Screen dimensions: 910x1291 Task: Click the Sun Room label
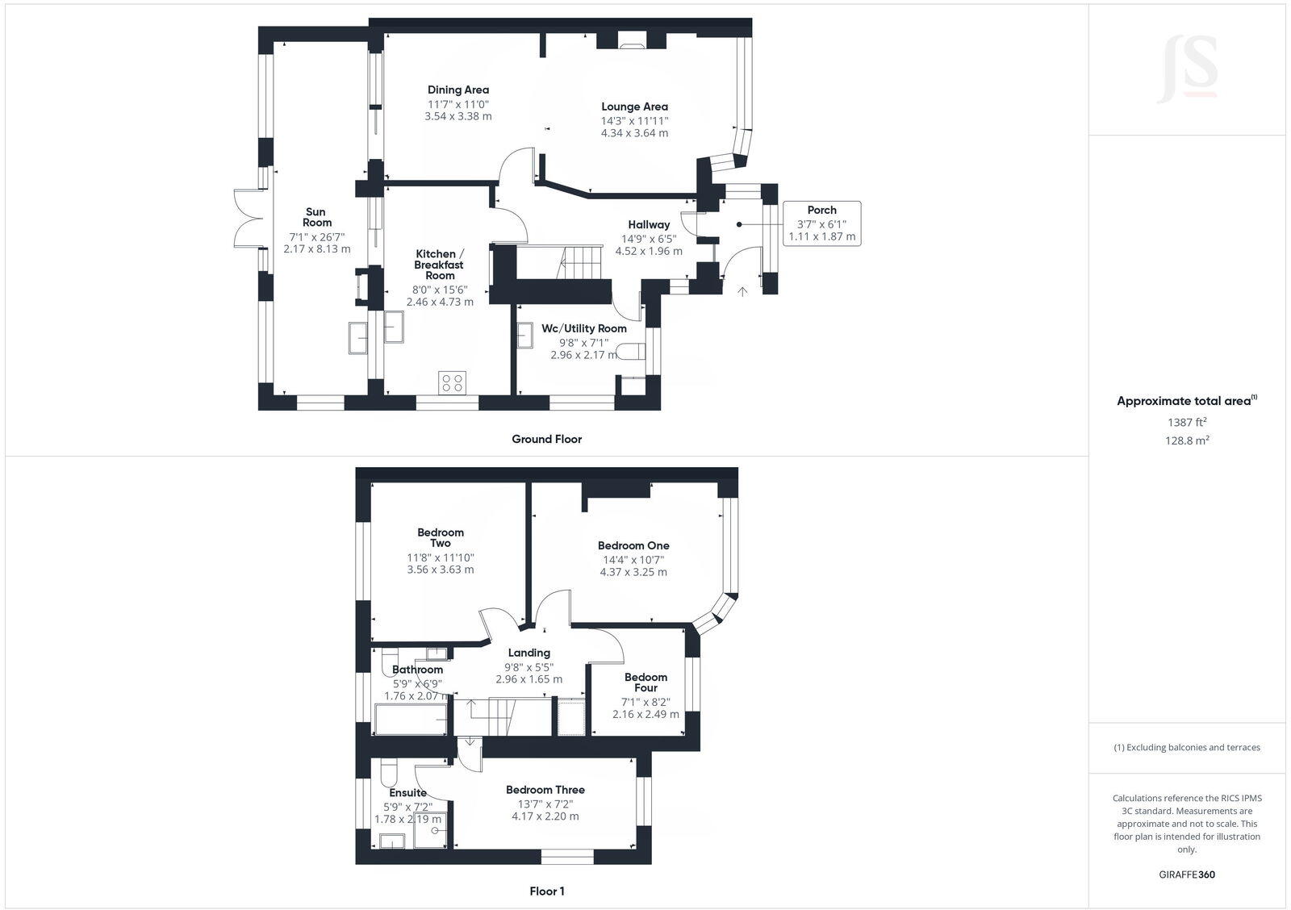point(317,217)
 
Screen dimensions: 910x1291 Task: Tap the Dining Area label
point(457,90)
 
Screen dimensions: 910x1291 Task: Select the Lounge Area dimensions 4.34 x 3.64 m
point(634,133)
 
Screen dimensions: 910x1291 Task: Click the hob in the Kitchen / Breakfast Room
point(452,382)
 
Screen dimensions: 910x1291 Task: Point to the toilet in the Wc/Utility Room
point(632,352)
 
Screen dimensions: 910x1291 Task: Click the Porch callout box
point(821,223)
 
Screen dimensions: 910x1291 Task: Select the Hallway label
point(649,224)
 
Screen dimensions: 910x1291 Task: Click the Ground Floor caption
point(546,439)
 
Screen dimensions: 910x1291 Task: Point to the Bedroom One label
point(633,545)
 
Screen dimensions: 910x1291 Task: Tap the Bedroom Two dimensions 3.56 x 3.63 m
point(441,570)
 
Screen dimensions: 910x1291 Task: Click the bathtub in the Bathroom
point(411,719)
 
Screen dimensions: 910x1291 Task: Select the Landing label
point(529,653)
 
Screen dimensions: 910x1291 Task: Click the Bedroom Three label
point(545,790)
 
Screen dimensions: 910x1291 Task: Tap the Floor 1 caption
point(546,891)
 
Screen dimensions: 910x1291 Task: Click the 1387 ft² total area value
point(1187,422)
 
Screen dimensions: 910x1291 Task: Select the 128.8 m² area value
point(1187,440)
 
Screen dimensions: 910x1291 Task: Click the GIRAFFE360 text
point(1186,875)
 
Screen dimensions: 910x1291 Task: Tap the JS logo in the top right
point(1187,69)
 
